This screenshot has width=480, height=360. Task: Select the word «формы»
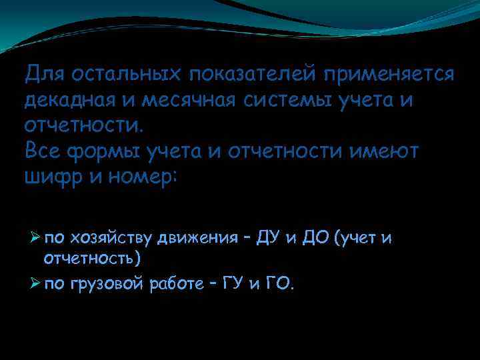(109, 152)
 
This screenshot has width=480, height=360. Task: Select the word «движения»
(197, 238)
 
